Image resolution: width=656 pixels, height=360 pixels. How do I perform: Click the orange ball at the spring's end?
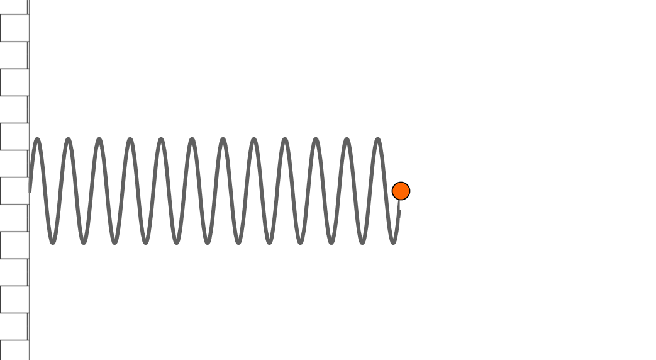tap(401, 191)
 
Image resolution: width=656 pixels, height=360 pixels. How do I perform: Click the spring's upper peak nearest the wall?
tap(37, 140)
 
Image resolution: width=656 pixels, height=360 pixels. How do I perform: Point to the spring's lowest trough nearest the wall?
tap(53, 242)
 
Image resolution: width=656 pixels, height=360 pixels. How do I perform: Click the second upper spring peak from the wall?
tap(68, 140)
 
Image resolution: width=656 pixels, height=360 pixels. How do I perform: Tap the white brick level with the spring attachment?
tap(14, 191)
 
